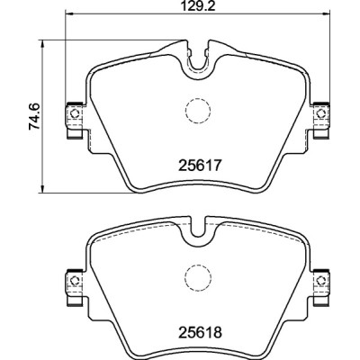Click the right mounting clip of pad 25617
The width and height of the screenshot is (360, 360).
[319, 117]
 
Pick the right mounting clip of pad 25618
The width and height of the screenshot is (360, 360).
[319, 284]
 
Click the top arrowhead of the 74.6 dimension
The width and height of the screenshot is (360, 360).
[43, 40]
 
